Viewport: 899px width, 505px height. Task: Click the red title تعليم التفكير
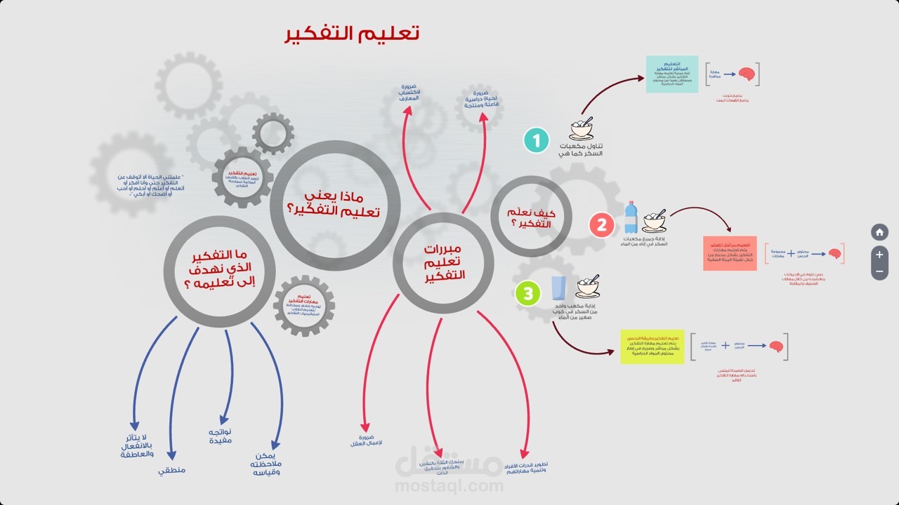pyautogui.click(x=352, y=34)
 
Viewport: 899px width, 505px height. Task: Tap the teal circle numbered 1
pyautogui.click(x=536, y=141)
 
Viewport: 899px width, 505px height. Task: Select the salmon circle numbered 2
pyautogui.click(x=602, y=225)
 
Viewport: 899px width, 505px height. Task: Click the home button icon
pyautogui.click(x=879, y=232)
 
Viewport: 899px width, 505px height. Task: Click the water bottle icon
pyautogui.click(x=630, y=217)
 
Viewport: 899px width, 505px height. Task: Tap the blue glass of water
pyautogui.click(x=559, y=288)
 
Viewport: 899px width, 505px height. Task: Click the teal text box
pyautogui.click(x=671, y=74)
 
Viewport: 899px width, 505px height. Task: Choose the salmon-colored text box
pyautogui.click(x=730, y=253)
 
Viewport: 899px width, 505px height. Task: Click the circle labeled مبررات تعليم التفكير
pyautogui.click(x=443, y=263)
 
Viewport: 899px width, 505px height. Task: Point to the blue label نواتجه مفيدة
pyautogui.click(x=221, y=436)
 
